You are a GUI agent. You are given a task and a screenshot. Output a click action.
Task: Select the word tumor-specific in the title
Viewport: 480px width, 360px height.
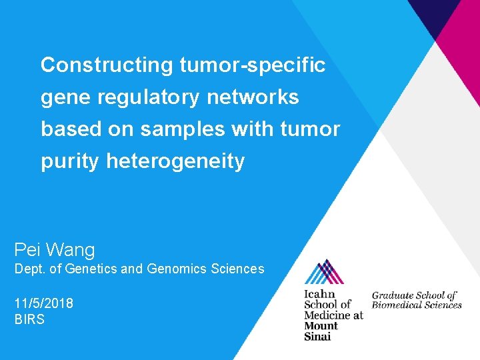253,65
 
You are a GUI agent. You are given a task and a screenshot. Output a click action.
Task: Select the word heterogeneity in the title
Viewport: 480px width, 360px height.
175,161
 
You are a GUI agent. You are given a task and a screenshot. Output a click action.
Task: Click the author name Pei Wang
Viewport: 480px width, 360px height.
55,250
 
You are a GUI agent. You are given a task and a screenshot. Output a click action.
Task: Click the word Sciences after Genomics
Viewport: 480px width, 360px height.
237,269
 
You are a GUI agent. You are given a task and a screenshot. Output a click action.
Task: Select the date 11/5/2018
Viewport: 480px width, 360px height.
44,303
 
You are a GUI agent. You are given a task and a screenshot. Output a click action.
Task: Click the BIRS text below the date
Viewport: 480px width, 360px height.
29,319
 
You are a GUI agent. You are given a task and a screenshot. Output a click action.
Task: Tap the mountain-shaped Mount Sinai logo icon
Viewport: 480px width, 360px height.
324,272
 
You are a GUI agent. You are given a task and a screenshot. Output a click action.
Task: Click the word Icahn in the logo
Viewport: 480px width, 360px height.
319,294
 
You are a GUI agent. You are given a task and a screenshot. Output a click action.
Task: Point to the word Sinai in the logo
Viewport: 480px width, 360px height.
317,336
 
